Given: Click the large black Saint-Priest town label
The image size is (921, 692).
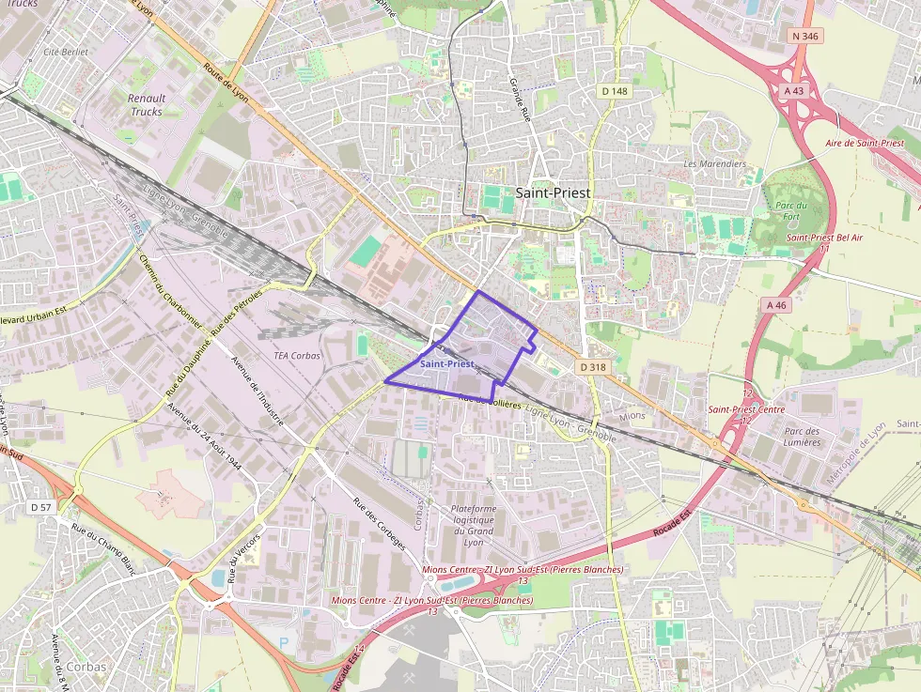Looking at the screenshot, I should [554, 192].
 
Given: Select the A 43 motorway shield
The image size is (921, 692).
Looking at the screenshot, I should [794, 90].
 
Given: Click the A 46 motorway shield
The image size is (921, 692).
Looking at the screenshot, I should [776, 305].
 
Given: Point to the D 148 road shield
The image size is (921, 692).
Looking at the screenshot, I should [614, 91].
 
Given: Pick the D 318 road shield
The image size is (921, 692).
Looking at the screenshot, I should [592, 367].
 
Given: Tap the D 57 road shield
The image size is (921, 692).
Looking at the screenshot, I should [40, 507].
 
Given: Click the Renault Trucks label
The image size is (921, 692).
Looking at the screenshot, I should [146, 104].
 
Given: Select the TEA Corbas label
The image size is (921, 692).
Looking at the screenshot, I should [296, 356].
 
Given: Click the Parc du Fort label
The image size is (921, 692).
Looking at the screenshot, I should [791, 211].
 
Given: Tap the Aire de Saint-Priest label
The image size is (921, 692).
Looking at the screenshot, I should [864, 144].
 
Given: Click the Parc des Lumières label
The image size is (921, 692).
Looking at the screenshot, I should [802, 438].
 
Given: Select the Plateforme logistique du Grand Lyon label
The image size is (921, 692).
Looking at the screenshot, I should [474, 520].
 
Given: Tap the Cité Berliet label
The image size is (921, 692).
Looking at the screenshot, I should [66, 52].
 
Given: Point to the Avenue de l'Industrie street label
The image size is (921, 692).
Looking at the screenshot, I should [257, 394].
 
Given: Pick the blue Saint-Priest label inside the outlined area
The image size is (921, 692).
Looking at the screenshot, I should [447, 363].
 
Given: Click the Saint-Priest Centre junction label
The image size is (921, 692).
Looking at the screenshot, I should [746, 409].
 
